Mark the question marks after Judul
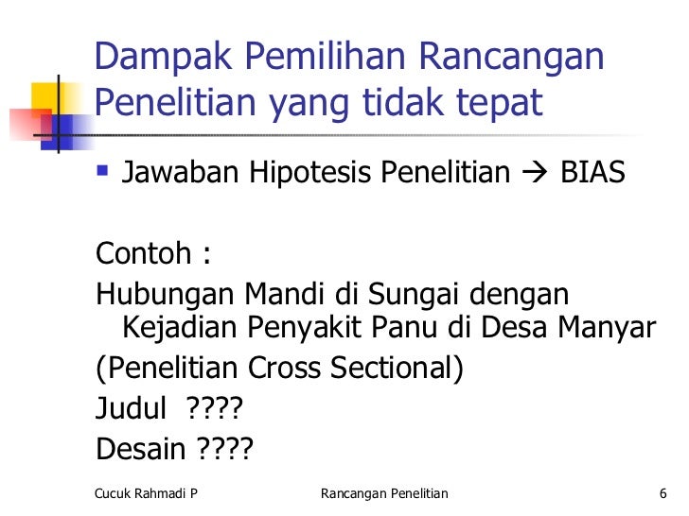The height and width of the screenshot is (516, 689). [215, 409]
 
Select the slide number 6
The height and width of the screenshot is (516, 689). [662, 493]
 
